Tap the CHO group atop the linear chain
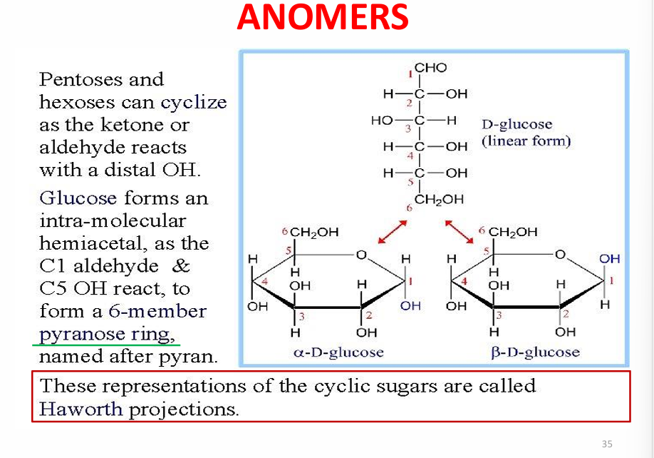430,68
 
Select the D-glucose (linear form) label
526,133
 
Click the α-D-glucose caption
338,352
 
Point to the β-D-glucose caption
536,352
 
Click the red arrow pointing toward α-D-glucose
392,232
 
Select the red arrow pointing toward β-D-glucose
460,232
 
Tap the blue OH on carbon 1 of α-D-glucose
410,305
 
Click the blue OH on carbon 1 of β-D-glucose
609,259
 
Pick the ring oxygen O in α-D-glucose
361,254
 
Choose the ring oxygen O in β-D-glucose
560,254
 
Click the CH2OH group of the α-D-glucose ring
314,232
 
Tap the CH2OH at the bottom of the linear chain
439,199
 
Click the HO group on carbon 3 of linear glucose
382,121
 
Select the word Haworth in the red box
81,409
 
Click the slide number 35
607,444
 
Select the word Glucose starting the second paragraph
78,198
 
